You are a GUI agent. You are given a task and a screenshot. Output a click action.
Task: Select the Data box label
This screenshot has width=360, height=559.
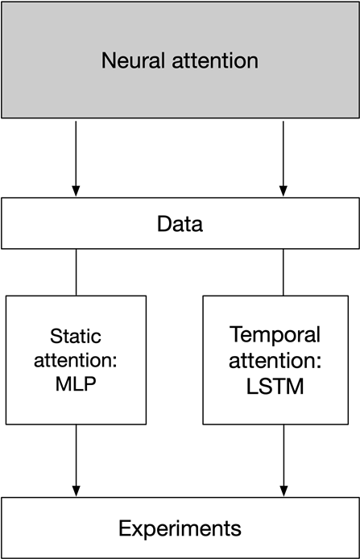(x=180, y=224)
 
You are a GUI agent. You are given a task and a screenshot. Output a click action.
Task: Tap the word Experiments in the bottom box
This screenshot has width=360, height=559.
(x=180, y=528)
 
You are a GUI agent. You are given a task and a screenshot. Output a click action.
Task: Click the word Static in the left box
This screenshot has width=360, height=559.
(x=76, y=336)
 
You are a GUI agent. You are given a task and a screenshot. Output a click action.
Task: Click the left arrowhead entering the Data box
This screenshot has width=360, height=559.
(x=76, y=191)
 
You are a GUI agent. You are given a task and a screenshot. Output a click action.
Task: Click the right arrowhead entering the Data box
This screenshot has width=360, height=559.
(x=283, y=191)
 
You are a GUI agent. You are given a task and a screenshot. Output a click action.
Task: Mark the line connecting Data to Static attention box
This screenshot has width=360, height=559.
(x=76, y=272)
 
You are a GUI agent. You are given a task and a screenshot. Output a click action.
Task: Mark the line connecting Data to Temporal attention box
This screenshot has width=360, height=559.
(x=283, y=271)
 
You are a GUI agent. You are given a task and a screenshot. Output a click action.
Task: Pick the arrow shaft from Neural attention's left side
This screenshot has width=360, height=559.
(x=76, y=153)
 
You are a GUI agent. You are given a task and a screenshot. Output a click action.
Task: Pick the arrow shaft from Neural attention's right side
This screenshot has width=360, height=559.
(x=283, y=153)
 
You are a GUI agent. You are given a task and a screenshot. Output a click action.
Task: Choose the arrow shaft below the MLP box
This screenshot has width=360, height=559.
(x=76, y=455)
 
